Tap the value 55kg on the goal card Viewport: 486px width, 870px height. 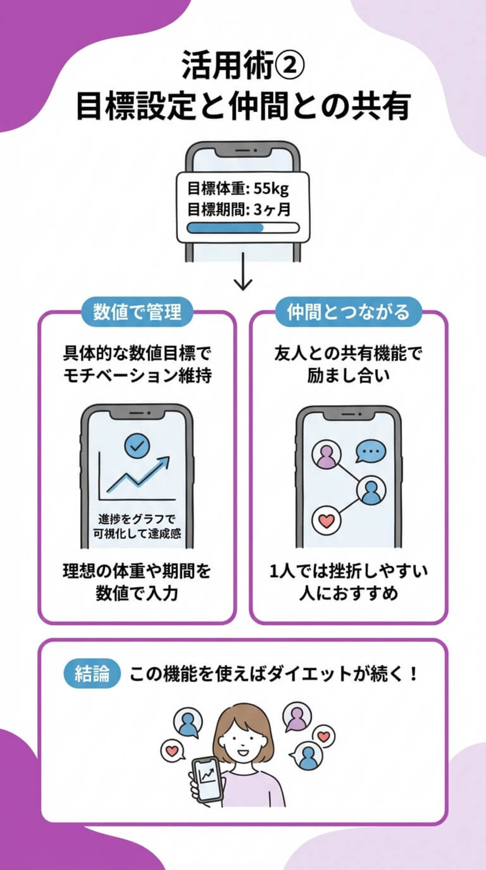pyautogui.click(x=271, y=189)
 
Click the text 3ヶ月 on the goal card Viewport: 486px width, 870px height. pyautogui.click(x=272, y=210)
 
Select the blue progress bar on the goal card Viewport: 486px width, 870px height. pyautogui.click(x=226, y=228)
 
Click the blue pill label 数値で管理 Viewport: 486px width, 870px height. pyautogui.click(x=137, y=312)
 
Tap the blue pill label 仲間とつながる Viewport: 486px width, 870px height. pyautogui.click(x=348, y=312)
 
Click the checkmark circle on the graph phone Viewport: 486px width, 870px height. pyautogui.click(x=137, y=446)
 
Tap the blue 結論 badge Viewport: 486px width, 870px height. pyautogui.click(x=92, y=674)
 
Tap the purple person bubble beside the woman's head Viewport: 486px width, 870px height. pyautogui.click(x=297, y=718)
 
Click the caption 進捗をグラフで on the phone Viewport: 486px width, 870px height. pyautogui.click(x=137, y=519)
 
